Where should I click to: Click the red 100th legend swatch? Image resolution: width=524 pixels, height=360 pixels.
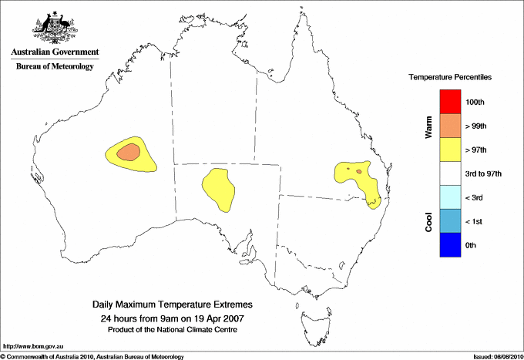[x=449, y=102]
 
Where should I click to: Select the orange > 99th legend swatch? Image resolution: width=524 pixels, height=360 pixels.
[x=449, y=126]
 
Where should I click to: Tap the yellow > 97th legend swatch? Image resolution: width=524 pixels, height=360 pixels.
[x=449, y=150]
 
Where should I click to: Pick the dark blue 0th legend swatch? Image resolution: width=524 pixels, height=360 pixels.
[x=449, y=245]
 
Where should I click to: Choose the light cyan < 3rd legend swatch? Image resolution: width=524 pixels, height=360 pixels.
[x=449, y=197]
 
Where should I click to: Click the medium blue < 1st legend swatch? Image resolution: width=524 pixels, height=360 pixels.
[x=449, y=221]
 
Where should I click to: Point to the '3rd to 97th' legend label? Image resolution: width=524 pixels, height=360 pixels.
[x=484, y=174]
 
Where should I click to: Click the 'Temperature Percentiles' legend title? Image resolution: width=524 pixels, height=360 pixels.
[x=450, y=78]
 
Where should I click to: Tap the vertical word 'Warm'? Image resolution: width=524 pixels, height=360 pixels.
[x=428, y=126]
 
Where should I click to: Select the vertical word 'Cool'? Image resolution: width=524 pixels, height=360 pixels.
[x=428, y=221]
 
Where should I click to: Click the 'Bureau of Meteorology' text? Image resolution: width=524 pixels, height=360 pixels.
[x=55, y=67]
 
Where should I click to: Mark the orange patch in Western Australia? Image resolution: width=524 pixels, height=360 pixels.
[x=129, y=152]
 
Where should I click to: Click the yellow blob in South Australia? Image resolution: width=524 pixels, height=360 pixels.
[x=218, y=190]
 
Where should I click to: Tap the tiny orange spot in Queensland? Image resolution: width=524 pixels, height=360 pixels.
[x=359, y=170]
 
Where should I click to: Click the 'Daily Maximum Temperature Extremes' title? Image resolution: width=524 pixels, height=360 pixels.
[x=172, y=306]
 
